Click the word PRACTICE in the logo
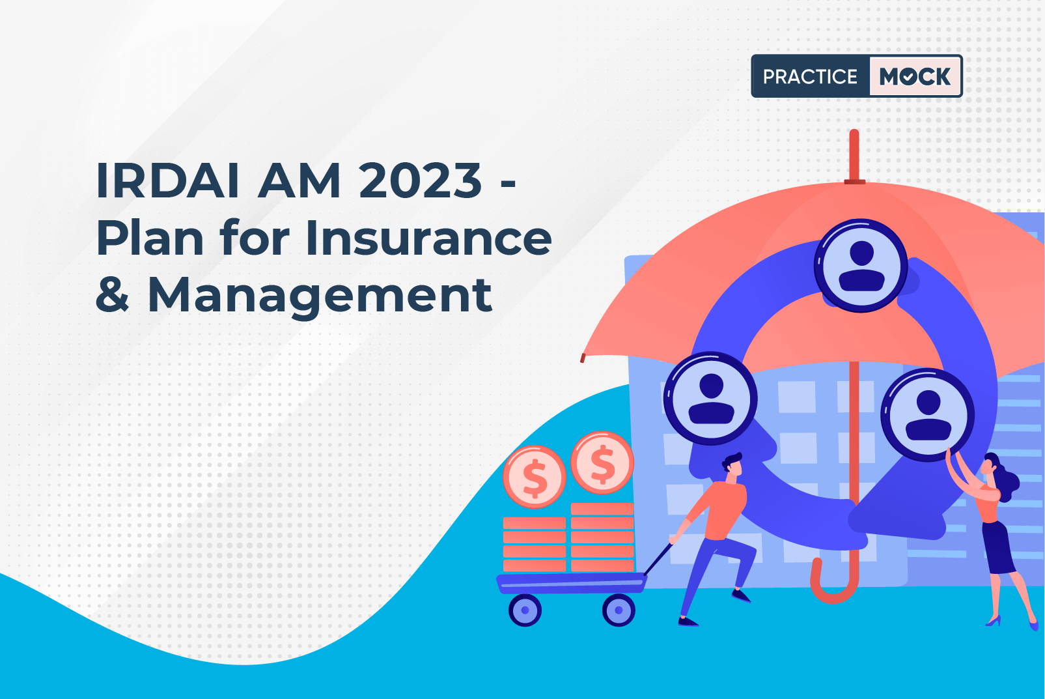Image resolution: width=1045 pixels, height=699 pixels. tap(810, 76)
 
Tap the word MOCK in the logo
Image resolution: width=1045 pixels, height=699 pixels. tap(915, 76)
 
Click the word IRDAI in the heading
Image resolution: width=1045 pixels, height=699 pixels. tap(167, 180)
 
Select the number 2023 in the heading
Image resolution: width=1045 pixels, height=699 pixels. tap(420, 180)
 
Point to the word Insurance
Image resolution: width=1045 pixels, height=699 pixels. tap(428, 238)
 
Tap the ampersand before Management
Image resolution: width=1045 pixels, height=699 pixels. tap(112, 294)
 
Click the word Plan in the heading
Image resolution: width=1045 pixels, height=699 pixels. tap(150, 238)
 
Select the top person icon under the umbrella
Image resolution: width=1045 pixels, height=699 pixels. tap(861, 266)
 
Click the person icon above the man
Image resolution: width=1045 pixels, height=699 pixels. tap(710, 399)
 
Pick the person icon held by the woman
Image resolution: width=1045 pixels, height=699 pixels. tap(927, 414)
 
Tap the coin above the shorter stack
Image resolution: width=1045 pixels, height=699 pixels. tap(534, 476)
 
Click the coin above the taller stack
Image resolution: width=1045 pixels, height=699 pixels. tap(602, 463)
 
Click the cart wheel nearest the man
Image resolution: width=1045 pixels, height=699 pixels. tap(619, 610)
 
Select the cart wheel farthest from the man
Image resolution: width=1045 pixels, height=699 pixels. tap(525, 610)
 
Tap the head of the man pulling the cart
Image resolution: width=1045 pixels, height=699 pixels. tap(733, 465)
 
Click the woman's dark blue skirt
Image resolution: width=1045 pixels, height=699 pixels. tap(997, 547)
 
